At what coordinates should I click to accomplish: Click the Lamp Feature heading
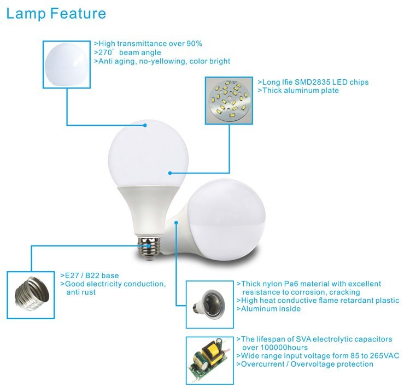coord(56,14)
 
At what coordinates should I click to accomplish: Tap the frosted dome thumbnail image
coord(67,64)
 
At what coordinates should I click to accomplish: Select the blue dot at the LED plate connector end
coord(170,173)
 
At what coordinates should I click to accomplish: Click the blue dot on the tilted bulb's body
coord(177,222)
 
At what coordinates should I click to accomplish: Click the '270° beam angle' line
coord(127,52)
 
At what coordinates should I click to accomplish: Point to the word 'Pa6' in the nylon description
coord(296,284)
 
